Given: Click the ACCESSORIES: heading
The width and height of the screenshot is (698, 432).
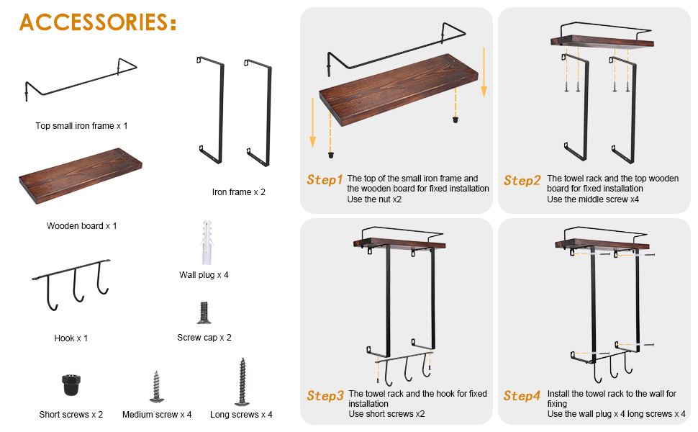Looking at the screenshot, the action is [x=98, y=22].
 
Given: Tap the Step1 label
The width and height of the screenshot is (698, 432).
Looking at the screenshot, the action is [x=325, y=180].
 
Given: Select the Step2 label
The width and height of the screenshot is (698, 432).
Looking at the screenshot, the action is [x=522, y=181].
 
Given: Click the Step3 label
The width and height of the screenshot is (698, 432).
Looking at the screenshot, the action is [x=325, y=395].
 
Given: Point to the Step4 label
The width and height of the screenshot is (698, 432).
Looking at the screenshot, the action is [x=522, y=395].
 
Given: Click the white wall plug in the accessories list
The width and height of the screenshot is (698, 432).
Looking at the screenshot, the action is [x=207, y=242].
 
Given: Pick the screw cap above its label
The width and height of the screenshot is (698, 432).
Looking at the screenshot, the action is [x=204, y=312].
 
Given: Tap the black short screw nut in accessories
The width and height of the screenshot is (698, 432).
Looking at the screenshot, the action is [x=71, y=384].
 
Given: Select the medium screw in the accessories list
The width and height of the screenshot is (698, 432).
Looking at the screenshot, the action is [x=156, y=387].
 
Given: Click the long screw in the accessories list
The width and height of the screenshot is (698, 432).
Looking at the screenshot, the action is [x=242, y=382].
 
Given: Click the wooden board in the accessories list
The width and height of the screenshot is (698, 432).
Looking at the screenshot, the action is [x=81, y=176].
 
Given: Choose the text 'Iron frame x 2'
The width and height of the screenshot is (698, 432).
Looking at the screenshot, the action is [x=239, y=192].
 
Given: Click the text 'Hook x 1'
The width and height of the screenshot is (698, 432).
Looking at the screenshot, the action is [x=71, y=338].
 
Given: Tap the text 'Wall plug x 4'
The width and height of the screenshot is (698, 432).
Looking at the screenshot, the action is [x=204, y=275].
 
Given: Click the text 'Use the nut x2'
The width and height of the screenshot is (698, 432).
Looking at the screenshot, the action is [x=374, y=199].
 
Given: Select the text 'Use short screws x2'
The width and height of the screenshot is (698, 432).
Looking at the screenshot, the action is [x=386, y=414].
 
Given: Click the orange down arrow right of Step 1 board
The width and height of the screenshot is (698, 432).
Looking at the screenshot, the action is [x=484, y=73].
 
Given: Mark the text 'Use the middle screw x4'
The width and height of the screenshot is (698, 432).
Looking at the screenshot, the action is [x=593, y=199].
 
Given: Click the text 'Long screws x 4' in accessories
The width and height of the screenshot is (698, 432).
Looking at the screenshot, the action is [x=241, y=415].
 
